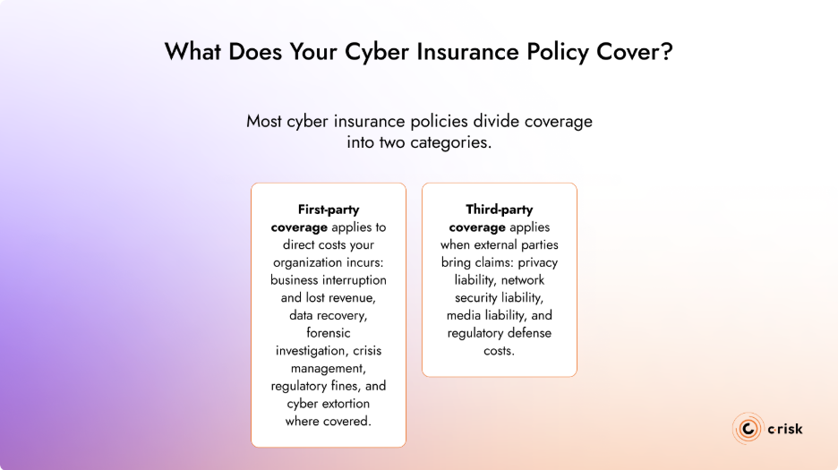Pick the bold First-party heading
329,209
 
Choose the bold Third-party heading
500,209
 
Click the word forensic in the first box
329,333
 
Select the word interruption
351,280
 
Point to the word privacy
537,262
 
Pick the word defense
528,333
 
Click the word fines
346,386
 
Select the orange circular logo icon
747,429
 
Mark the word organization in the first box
311,262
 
